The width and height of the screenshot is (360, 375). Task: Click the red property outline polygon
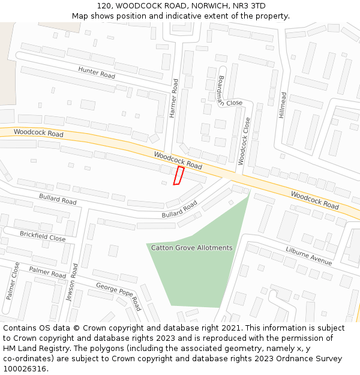tap(178, 176)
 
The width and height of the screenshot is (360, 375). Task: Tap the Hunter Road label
tap(96, 73)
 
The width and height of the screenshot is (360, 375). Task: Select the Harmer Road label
tap(173, 98)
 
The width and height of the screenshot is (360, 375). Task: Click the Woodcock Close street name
tap(244, 141)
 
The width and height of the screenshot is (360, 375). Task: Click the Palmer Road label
tap(47, 273)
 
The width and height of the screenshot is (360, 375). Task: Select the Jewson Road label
tap(72, 282)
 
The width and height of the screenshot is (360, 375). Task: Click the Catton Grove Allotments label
tap(191, 248)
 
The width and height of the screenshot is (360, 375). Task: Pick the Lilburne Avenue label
tap(308, 256)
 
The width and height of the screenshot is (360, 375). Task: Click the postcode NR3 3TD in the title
tap(250, 5)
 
